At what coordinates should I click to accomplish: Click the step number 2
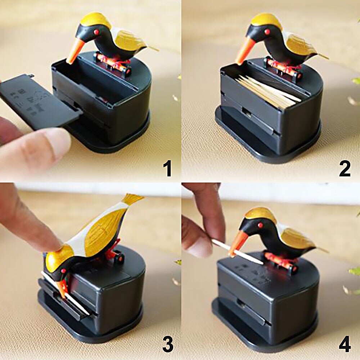(345, 168)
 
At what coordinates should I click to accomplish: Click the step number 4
(345, 345)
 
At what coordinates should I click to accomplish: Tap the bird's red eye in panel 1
(96, 32)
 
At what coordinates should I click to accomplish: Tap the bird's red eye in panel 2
(267, 32)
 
